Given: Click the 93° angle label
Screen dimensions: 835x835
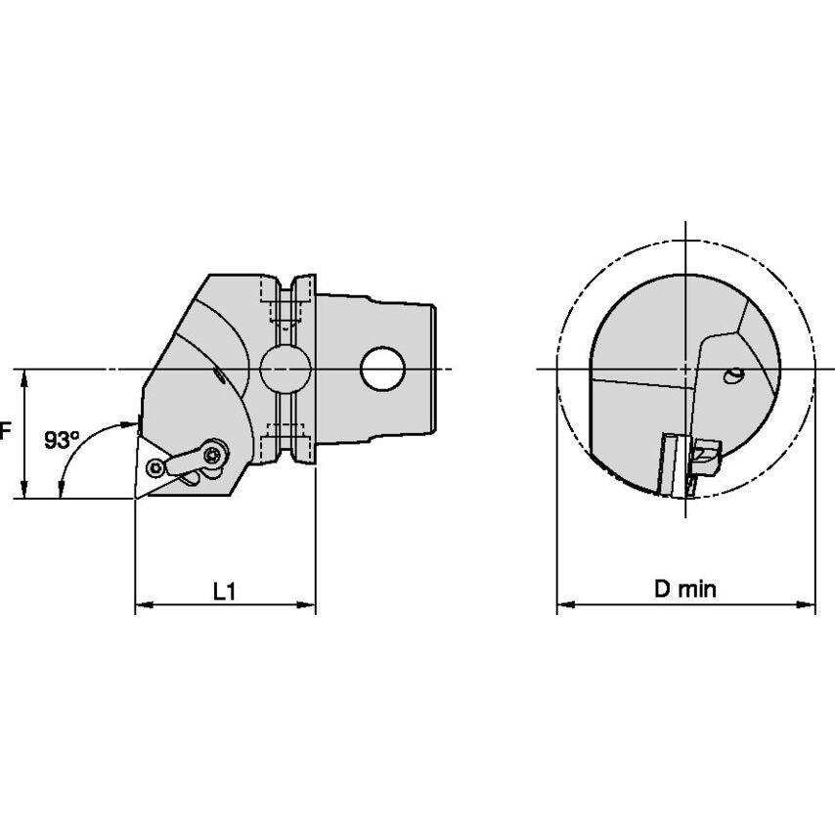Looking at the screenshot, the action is [x=62, y=440].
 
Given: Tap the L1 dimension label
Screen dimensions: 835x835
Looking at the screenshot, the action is [x=225, y=592].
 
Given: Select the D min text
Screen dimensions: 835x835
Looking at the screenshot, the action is [x=685, y=589].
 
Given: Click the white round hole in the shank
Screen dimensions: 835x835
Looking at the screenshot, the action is [x=383, y=369].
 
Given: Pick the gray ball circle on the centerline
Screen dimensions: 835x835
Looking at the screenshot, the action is [x=286, y=369].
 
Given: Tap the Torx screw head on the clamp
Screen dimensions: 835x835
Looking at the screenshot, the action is [x=214, y=455].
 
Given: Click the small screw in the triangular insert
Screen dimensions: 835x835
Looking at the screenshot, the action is [x=156, y=468].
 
